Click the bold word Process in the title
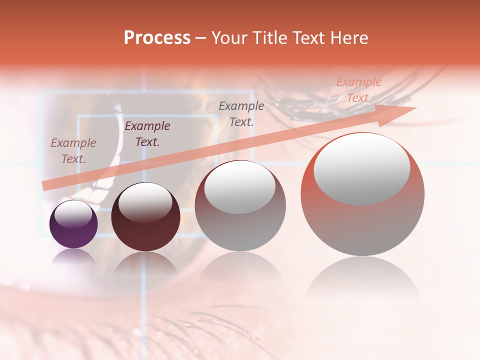[157, 38]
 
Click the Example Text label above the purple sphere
[73, 151]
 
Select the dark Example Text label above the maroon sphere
[147, 134]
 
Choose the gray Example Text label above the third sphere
[241, 114]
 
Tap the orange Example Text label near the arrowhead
[358, 90]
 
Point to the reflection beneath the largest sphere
[362, 280]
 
